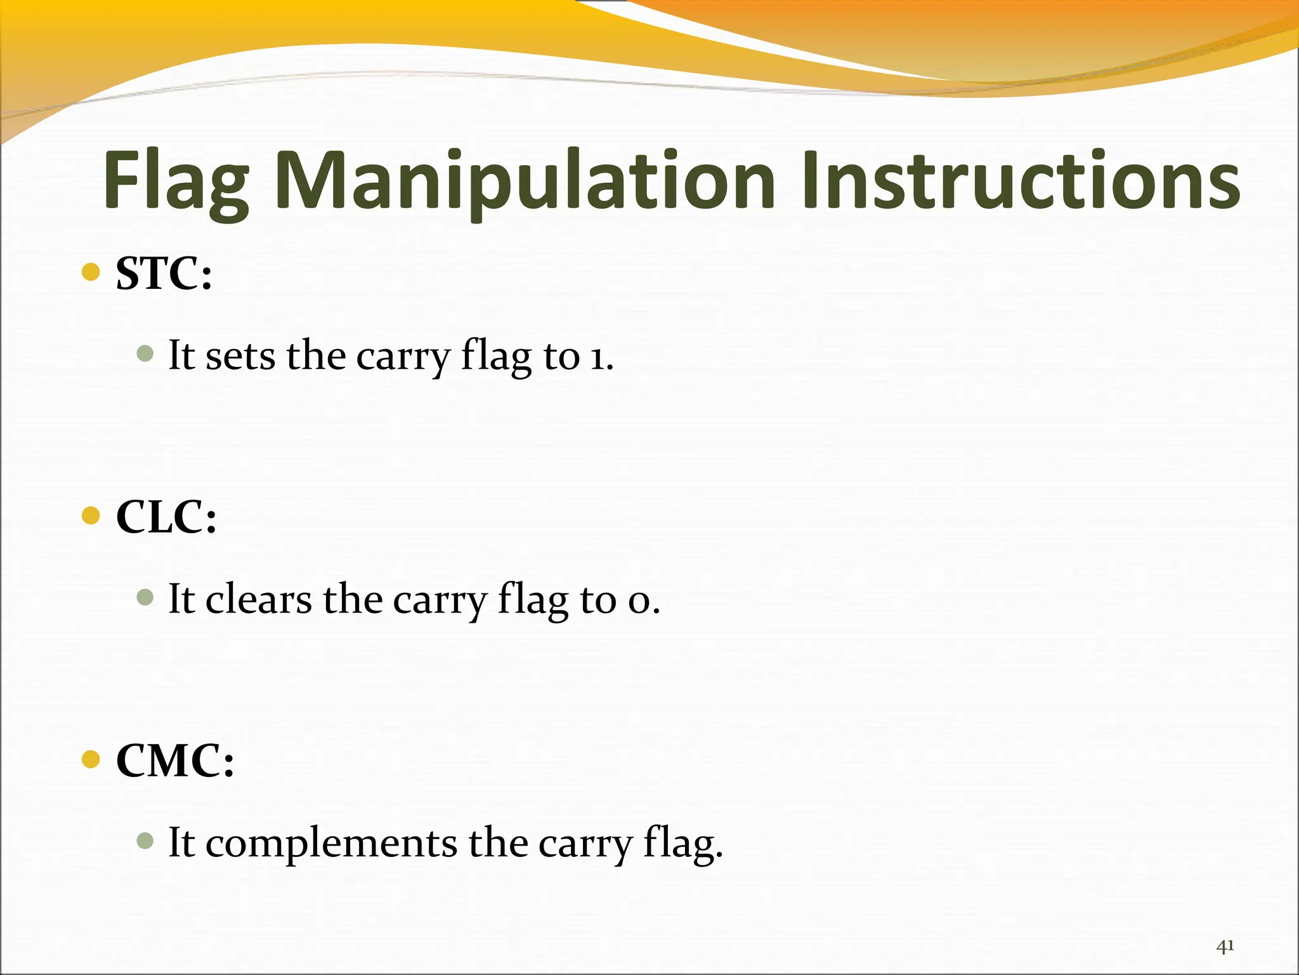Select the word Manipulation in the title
coord(526,181)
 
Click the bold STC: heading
coord(164,274)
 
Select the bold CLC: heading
coord(166,517)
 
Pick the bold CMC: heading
coord(175,760)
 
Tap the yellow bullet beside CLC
coord(91,515)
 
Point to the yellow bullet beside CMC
coord(91,759)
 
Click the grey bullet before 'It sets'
coord(145,354)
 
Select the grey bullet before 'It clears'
coord(145,597)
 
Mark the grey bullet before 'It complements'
coord(145,841)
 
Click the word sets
coord(240,356)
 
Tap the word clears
coord(259,600)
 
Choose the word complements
coord(331,844)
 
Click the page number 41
coord(1225,946)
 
